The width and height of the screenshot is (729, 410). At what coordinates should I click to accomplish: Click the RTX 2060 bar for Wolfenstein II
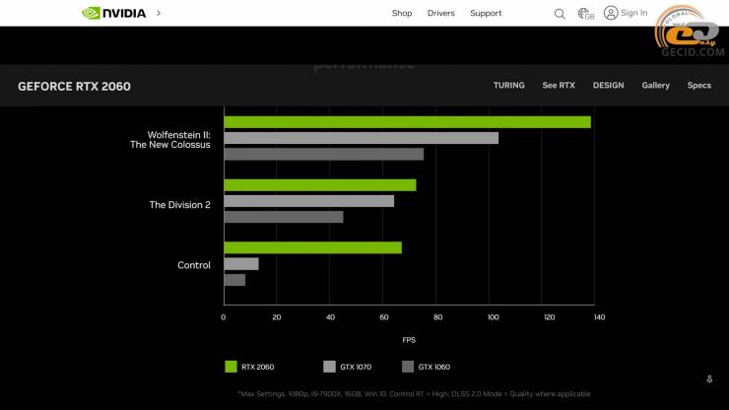[407, 122]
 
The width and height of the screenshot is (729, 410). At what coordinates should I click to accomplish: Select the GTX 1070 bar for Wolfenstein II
[361, 138]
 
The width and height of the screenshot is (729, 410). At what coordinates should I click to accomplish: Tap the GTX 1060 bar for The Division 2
[284, 217]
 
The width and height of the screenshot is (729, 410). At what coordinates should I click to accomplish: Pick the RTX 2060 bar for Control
[312, 247]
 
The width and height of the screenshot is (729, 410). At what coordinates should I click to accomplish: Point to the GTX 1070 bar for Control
[241, 264]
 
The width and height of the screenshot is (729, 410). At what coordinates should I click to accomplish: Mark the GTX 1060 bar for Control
[234, 280]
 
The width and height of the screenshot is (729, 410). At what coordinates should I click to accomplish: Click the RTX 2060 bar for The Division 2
[320, 185]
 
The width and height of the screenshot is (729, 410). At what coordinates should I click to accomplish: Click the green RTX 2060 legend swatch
[231, 367]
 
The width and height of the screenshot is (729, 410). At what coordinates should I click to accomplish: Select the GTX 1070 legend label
[356, 367]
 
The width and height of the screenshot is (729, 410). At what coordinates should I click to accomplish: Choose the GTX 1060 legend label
[433, 367]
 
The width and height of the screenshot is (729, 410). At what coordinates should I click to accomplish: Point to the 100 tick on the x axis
[494, 317]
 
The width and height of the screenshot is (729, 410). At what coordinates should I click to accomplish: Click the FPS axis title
[409, 340]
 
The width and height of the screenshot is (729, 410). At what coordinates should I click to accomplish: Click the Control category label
[194, 265]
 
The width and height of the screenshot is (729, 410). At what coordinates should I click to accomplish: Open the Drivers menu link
[440, 14]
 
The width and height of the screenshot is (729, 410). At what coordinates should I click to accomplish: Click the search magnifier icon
[560, 14]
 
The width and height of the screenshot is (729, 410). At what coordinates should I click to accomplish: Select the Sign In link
[626, 13]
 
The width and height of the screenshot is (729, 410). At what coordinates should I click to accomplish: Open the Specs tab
[699, 86]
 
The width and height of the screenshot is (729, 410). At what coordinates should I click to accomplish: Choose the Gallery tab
[655, 86]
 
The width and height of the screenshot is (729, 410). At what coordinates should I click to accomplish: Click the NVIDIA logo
[114, 14]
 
